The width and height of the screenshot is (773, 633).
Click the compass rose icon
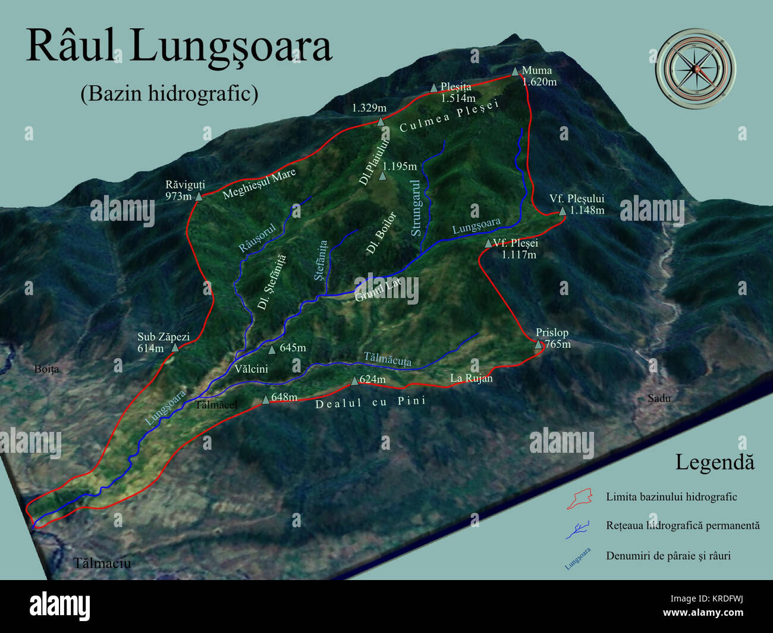coord(695,69)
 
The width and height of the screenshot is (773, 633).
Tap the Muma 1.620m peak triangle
coord(515,71)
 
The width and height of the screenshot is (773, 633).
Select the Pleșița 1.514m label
coord(457,92)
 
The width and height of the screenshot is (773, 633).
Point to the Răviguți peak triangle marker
coord(199,196)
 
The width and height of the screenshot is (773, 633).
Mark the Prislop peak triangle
coord(538,344)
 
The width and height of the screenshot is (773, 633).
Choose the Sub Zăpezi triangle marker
coord(175,347)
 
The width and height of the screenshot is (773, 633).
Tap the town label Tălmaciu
coord(102,563)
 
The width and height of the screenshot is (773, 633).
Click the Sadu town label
coord(659,398)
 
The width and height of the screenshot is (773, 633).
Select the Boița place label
coord(46,369)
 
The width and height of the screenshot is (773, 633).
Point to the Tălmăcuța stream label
coord(387,359)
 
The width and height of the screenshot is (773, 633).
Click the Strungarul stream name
coord(416,208)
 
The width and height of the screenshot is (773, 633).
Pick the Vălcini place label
coord(251,369)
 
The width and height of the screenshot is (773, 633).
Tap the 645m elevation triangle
coord(272,349)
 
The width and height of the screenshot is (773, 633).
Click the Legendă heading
coord(714,462)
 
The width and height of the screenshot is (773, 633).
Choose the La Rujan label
coord(471,378)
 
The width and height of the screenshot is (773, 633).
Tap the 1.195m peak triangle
coord(383,176)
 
